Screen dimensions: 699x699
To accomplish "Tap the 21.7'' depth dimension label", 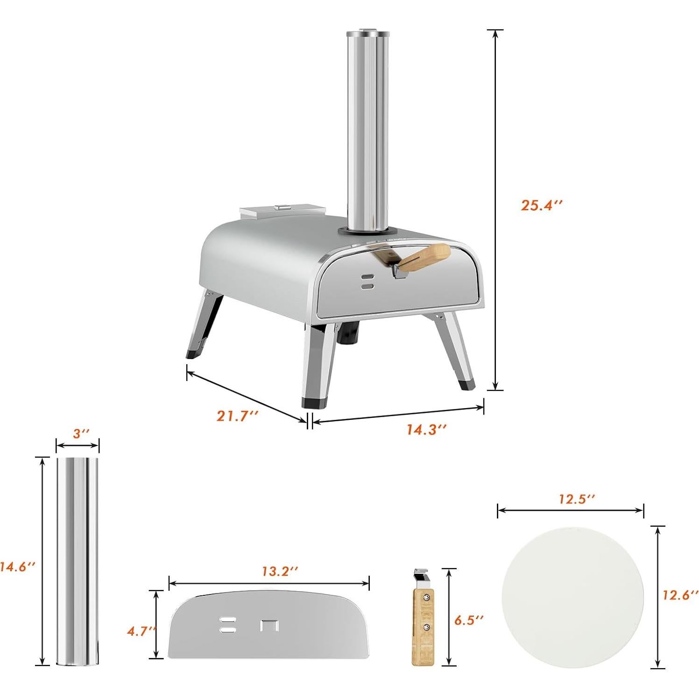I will (238, 416).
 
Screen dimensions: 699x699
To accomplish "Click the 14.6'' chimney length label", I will (18, 567).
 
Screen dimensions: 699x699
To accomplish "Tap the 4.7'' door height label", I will (141, 631).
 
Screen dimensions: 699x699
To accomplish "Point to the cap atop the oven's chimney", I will (367, 34).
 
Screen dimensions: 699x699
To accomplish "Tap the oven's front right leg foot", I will (466, 384).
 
